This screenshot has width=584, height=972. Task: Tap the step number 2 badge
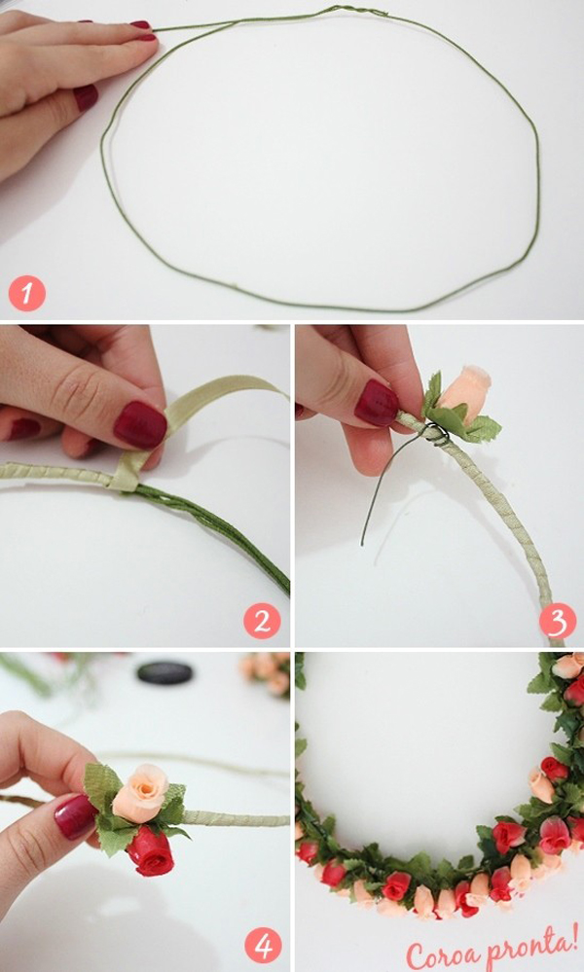262,621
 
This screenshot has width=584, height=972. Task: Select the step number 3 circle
558,621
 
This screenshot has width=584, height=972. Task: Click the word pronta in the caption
528,949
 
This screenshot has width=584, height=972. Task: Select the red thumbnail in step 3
377,402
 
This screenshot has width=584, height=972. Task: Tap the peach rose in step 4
141,793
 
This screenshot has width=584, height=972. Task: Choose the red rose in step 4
151,851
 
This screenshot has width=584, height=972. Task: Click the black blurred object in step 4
164,673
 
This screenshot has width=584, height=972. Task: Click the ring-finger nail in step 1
87,97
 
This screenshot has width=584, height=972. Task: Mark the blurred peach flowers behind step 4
266,674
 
